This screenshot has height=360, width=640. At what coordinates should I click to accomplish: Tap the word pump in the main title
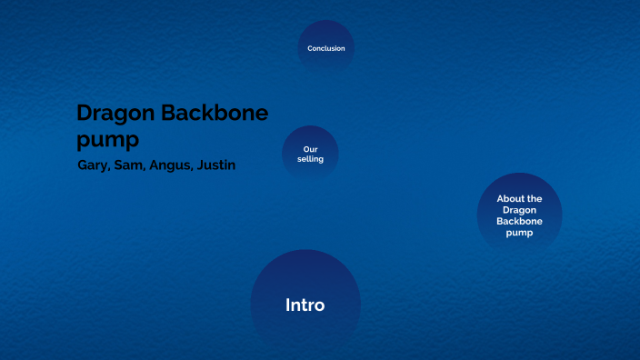[107, 140]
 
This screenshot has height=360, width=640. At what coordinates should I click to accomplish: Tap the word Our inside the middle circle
[310, 149]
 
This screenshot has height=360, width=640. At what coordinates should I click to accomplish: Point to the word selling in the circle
[310, 159]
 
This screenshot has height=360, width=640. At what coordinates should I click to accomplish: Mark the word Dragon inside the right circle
[519, 210]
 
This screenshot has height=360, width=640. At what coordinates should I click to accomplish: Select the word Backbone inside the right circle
[519, 221]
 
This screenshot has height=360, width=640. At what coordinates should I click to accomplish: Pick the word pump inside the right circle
[519, 233]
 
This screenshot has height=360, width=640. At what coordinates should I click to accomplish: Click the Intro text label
[305, 305]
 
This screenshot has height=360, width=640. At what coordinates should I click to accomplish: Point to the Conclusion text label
[325, 48]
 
